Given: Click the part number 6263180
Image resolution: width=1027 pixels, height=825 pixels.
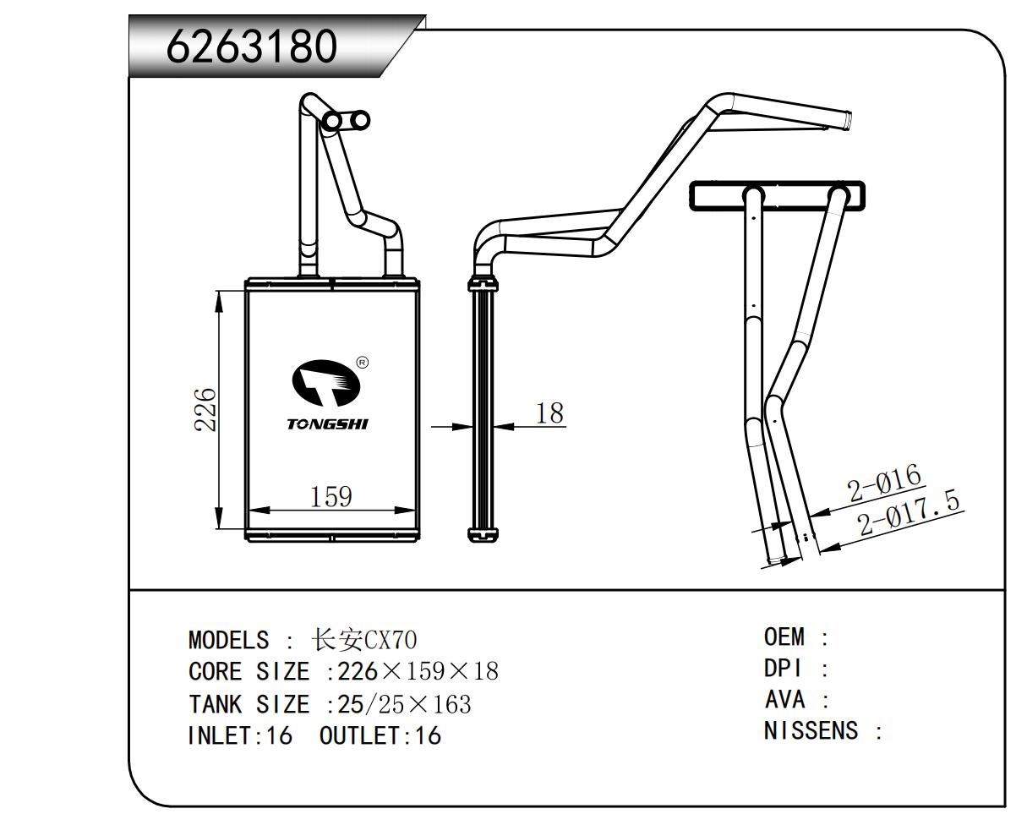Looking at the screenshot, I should pos(251,47).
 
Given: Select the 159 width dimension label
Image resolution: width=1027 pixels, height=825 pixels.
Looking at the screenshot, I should pos(330,496).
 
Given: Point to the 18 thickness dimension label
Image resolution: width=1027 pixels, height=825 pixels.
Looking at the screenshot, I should pos(549,412).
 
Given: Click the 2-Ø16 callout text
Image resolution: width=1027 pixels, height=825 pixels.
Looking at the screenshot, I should pos(883,483).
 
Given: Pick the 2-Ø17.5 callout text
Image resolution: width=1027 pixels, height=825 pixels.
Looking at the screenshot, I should pos(910,514).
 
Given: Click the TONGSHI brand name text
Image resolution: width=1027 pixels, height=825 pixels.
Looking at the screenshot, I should pos(327,423).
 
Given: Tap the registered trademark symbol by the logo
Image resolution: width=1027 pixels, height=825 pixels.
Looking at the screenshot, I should pos(363,363).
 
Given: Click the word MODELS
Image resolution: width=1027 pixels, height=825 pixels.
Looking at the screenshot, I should pos(228,640).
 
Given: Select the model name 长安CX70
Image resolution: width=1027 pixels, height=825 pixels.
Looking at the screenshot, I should pos(364,639).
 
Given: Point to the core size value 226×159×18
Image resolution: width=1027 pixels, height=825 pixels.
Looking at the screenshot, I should pos(418,672).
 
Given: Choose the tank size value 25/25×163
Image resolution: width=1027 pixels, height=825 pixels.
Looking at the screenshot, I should pos(404,704).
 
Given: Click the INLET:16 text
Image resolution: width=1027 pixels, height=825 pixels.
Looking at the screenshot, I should pos(239,735).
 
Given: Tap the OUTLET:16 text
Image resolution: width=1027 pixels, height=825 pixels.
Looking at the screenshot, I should pos(380,735).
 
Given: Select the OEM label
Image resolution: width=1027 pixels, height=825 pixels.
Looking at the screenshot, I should pos(784,637).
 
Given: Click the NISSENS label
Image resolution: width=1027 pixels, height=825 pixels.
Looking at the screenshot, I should pos(811,730).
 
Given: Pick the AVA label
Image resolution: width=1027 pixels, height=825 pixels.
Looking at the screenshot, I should pos(784,700).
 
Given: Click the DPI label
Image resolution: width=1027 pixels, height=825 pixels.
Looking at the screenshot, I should pos(782,669).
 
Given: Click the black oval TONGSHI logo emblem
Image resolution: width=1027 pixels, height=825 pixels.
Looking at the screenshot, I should pos(326,382).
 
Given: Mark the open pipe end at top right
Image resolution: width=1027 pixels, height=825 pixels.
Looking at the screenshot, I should pos(846,119).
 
